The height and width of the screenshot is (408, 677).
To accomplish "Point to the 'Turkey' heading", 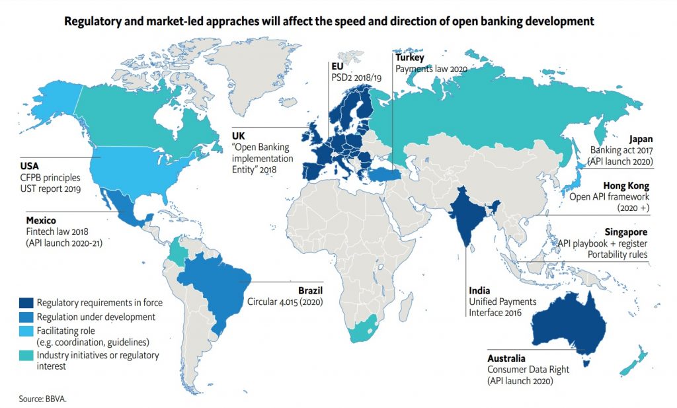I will pyautogui.click(x=410, y=58).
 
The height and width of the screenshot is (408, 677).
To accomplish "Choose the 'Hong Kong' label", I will pyautogui.click(x=629, y=186).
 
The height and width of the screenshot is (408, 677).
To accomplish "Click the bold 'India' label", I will pyautogui.click(x=480, y=290).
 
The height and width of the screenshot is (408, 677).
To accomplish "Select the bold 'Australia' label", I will pyautogui.click(x=507, y=359).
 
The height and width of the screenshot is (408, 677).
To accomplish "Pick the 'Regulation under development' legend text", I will pyautogui.click(x=97, y=317).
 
